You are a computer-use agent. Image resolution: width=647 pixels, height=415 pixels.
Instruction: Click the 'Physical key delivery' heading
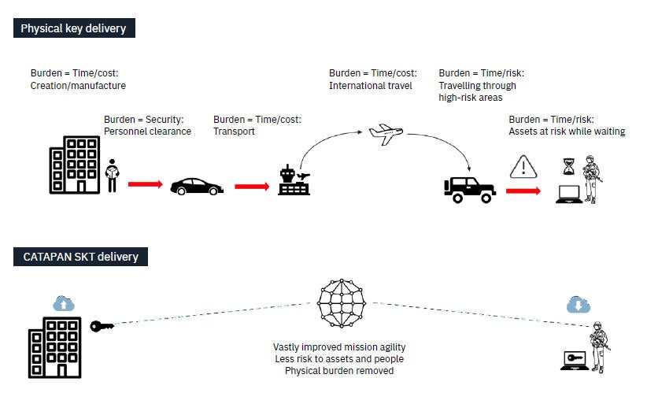pos(72,28)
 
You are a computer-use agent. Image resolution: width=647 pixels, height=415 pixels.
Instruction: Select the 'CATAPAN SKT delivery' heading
pos(79,256)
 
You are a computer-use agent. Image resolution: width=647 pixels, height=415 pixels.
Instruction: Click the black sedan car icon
pos(196,187)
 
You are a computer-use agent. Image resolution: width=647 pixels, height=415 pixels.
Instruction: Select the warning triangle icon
pos(523,167)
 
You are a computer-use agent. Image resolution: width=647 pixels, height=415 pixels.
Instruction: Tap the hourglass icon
pos(568,166)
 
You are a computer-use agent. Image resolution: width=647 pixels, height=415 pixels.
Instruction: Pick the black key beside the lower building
pos(102,326)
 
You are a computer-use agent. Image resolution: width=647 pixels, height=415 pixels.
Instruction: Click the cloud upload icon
pos(64,302)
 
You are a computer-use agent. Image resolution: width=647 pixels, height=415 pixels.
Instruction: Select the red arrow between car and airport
pos(251,187)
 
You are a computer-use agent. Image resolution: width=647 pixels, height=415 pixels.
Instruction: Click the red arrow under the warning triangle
pos(523,191)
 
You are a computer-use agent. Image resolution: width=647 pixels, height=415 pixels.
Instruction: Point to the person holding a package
pos(112,175)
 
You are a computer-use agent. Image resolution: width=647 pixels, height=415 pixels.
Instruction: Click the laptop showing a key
pos(574,359)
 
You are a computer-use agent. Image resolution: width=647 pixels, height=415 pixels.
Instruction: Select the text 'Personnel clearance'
pos(147,132)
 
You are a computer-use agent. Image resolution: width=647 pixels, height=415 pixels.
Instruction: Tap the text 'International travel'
pos(370,86)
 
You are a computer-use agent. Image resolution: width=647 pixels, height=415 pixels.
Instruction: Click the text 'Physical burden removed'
pos(339,370)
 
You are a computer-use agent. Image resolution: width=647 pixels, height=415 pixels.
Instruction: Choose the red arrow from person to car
pos(145,184)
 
